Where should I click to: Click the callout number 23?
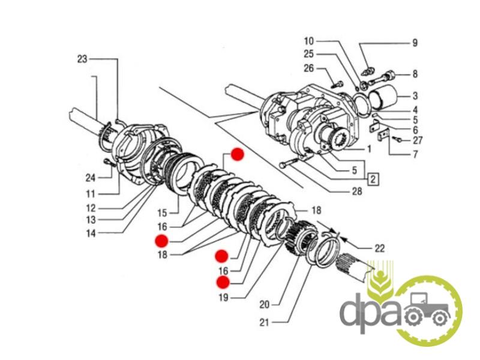pos(82,59)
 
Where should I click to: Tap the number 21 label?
pos(264,323)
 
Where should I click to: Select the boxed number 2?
pos(373,178)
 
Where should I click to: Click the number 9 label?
pos(414,43)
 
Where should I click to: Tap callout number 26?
pos(308,68)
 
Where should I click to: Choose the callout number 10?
pos(308,41)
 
